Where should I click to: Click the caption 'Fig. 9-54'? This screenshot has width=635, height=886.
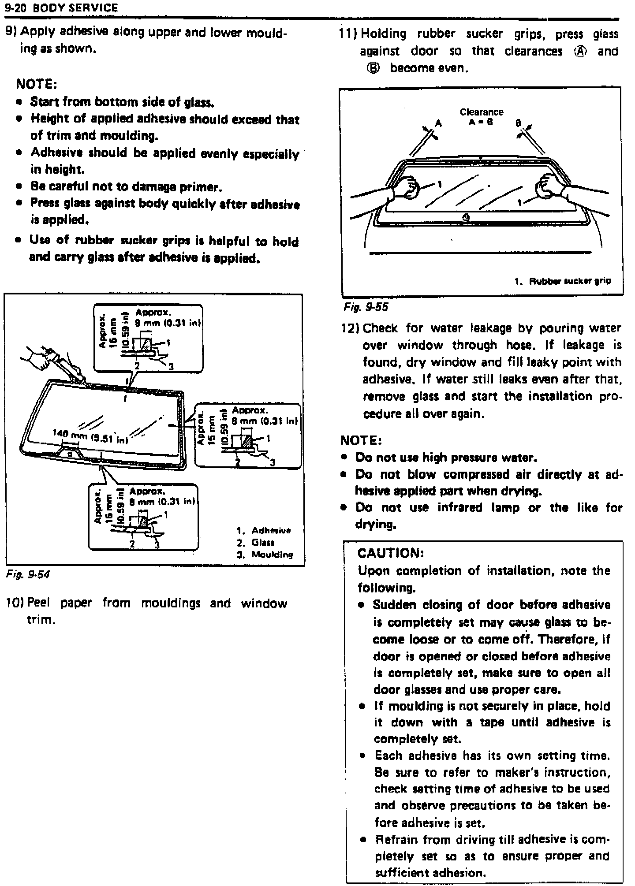point(28,574)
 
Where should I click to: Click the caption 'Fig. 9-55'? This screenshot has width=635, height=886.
point(366,307)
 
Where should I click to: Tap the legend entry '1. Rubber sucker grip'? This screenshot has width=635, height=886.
point(563,281)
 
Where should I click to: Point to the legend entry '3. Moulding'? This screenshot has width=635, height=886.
point(265,555)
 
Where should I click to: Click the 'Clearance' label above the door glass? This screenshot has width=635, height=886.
point(482,112)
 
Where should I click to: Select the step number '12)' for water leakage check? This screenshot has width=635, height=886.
point(351,328)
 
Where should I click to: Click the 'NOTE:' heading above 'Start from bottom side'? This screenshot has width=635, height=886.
point(37,83)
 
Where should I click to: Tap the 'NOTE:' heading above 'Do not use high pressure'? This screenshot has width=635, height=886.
point(361,440)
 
